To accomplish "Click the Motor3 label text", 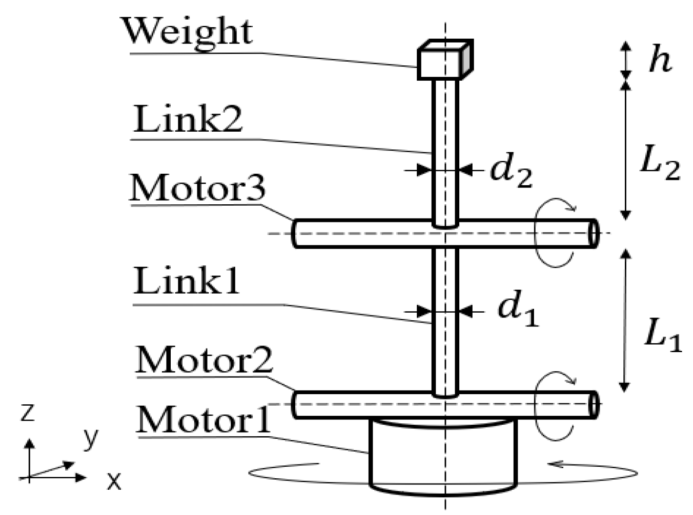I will [198, 188].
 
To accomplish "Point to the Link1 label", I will [186, 281].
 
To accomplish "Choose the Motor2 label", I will [205, 360].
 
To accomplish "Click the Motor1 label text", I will [203, 420].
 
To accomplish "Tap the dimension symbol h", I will [660, 61].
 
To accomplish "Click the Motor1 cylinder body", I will [443, 456].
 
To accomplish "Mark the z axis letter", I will [28, 412].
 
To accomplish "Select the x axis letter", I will [114, 481].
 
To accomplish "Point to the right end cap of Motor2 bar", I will [593, 404].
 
